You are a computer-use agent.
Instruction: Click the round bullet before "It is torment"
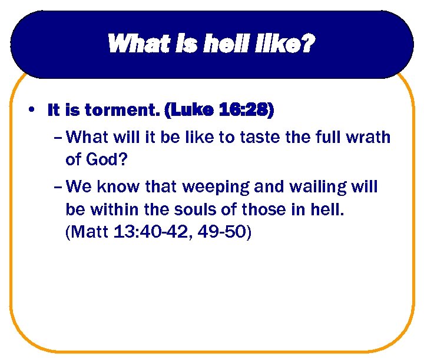click(34, 109)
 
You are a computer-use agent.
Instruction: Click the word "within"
click(118, 210)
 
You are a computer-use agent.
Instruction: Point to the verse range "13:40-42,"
click(155, 232)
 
